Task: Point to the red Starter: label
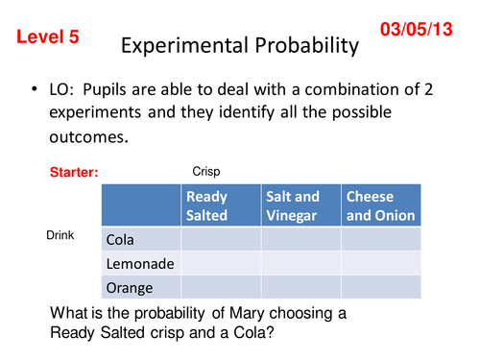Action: pyautogui.click(x=75, y=174)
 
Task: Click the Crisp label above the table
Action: pyautogui.click(x=206, y=172)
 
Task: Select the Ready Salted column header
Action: pyautogui.click(x=220, y=205)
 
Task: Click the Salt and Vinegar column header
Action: pyautogui.click(x=300, y=205)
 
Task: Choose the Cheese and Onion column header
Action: pyautogui.click(x=380, y=205)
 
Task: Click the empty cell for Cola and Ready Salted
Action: pyautogui.click(x=220, y=239)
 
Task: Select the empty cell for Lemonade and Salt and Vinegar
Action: pyautogui.click(x=300, y=263)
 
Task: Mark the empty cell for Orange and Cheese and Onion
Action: pyautogui.click(x=380, y=287)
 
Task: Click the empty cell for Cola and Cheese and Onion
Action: pyautogui.click(x=380, y=239)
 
